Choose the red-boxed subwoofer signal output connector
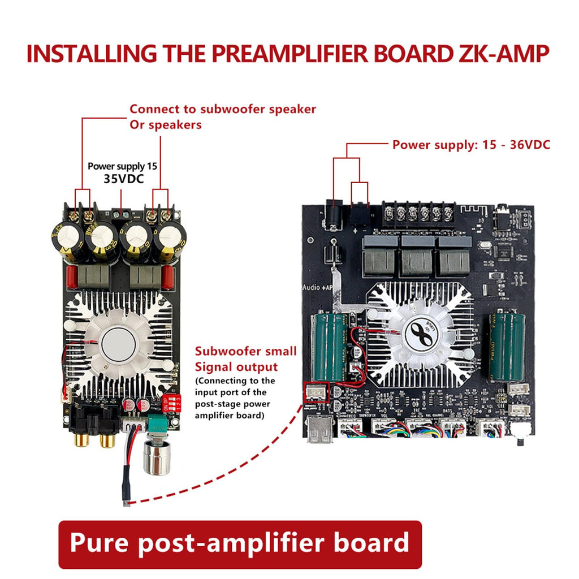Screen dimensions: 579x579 pyautogui.click(x=316, y=392)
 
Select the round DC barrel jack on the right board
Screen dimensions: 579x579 pyautogui.click(x=335, y=217)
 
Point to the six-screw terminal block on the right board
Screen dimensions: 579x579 pyautogui.click(x=418, y=214)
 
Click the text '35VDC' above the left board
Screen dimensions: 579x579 pyautogui.click(x=123, y=179)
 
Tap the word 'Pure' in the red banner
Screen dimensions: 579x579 pyautogui.click(x=98, y=543)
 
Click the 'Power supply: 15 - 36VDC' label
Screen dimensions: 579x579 pyautogui.click(x=471, y=144)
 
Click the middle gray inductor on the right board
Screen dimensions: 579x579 pyautogui.click(x=417, y=257)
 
